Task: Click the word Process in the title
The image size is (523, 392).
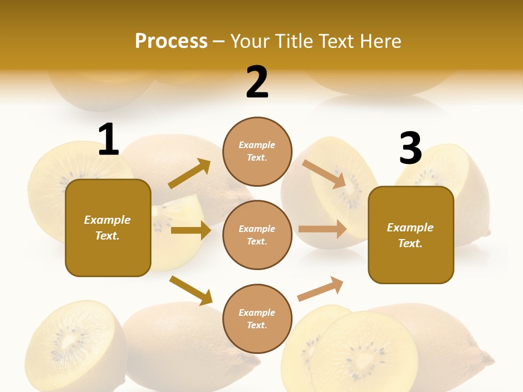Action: coord(171,41)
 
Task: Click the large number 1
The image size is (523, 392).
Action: coord(108,140)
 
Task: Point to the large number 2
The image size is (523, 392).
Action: coord(257,83)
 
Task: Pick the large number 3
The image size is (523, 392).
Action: coord(411,149)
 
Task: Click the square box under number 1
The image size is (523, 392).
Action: coord(108,228)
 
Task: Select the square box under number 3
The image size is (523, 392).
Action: coord(411,235)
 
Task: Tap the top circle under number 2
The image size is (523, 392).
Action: coord(257,151)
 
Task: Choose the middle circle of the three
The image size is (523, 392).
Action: coord(257,235)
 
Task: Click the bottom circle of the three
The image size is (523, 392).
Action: coord(257,318)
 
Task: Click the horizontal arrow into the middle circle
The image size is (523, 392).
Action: coord(191,230)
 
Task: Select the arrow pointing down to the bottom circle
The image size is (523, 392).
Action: coord(191,291)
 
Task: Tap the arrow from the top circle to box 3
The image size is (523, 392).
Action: coord(324,174)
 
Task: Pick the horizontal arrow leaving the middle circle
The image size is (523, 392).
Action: coord(323,229)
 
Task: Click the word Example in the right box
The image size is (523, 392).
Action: coord(410,228)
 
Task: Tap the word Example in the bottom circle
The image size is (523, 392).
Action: coord(257,313)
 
